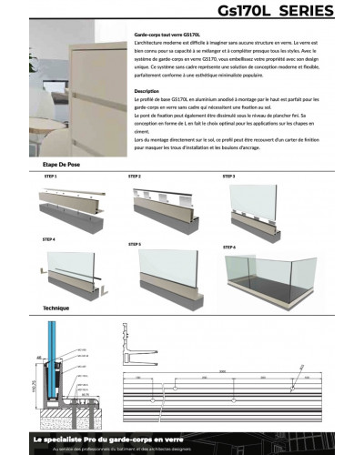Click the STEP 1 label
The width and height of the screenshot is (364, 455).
tap(49, 176)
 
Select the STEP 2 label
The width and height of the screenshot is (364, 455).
tap(134, 176)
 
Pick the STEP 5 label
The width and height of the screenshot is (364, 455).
tap(134, 244)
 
